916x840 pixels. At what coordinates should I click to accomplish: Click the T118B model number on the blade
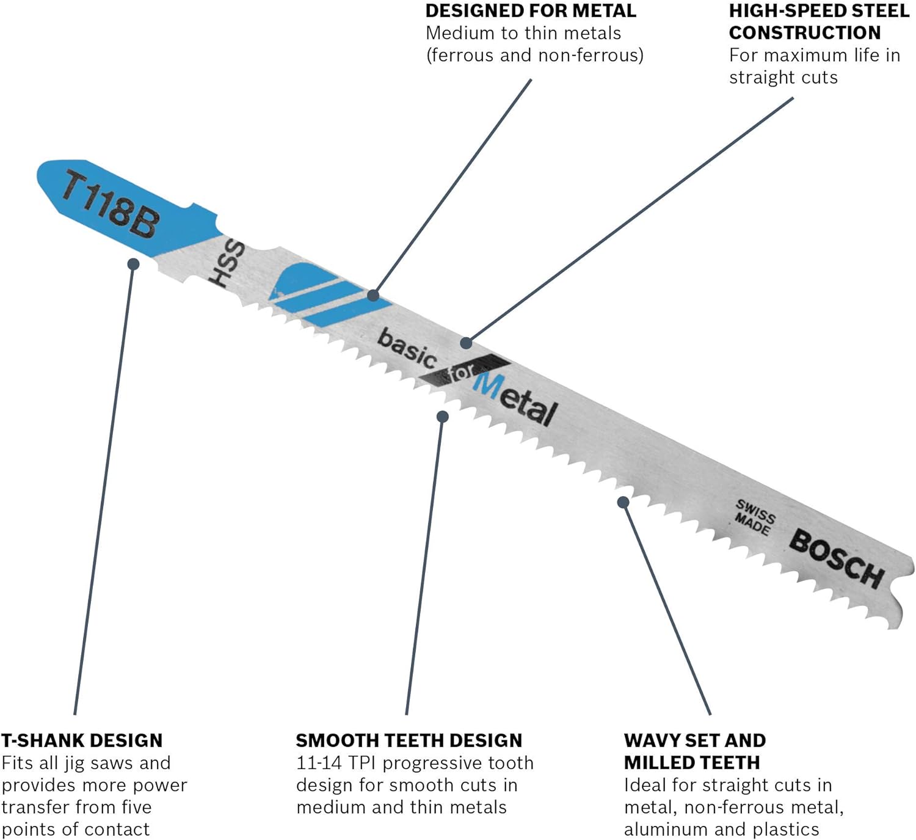(x=111, y=204)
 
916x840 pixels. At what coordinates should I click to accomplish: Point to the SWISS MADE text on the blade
(x=754, y=517)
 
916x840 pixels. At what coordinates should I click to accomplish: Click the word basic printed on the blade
(x=407, y=348)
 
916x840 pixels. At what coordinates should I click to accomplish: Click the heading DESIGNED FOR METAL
(x=531, y=11)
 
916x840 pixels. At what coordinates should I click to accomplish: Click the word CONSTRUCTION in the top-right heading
(x=805, y=33)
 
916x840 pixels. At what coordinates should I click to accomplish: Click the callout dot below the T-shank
(x=133, y=264)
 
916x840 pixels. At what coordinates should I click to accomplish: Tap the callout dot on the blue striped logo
(x=373, y=295)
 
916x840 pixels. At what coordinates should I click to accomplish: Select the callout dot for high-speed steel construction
(x=466, y=343)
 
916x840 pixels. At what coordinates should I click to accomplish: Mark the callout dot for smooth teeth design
(x=443, y=417)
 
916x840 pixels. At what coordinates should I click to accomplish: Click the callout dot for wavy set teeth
(x=623, y=502)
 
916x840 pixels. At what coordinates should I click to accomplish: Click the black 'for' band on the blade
(x=465, y=371)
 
